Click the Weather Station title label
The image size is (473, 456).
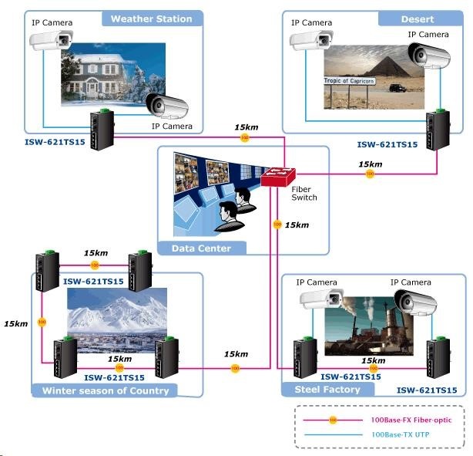pyautogui.click(x=151, y=19)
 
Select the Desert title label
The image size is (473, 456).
pyautogui.click(x=418, y=19)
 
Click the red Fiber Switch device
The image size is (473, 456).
pyautogui.click(x=275, y=178)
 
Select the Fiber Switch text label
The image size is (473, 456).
pyautogui.click(x=304, y=193)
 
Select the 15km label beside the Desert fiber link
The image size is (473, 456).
pyautogui.click(x=371, y=164)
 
